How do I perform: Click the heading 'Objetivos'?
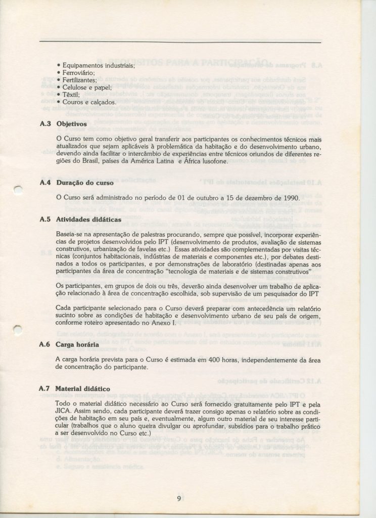[x=72, y=123]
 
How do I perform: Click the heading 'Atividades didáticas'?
[x=88, y=220]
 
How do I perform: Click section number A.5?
[x=45, y=220]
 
